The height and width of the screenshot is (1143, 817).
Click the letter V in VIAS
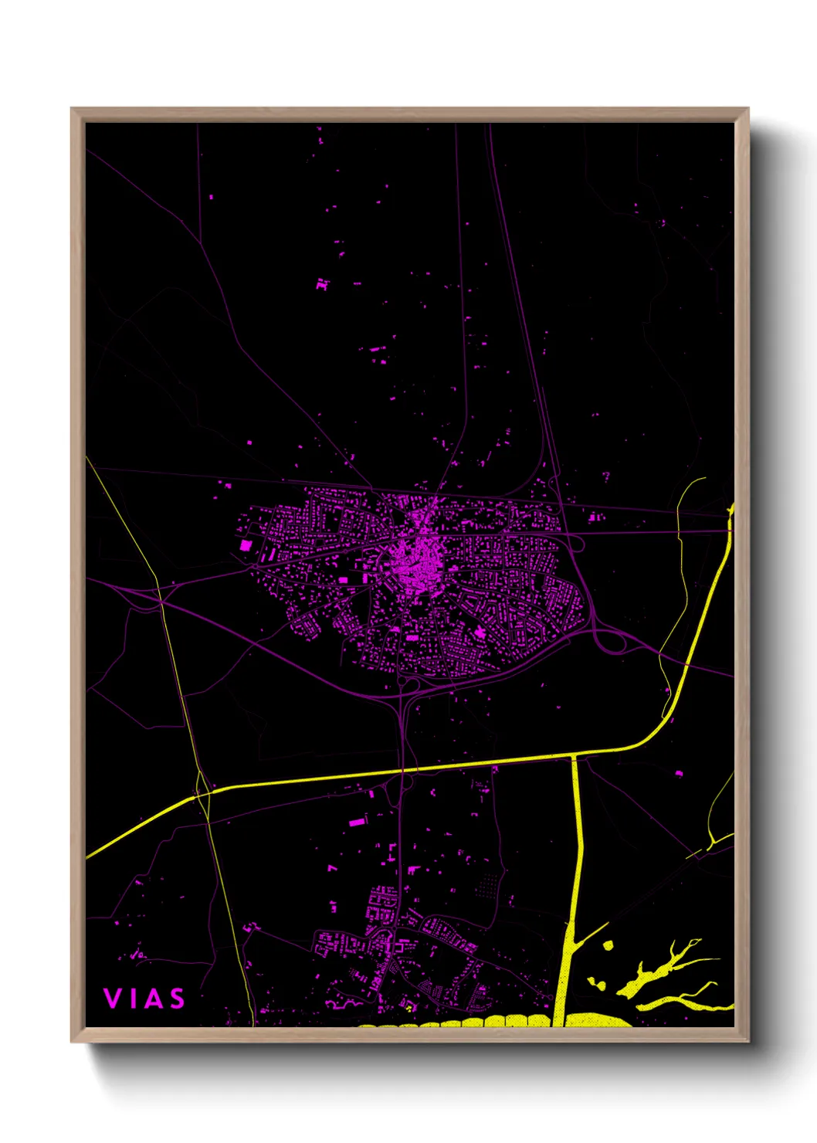112,999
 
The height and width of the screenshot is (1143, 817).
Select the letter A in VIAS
152,999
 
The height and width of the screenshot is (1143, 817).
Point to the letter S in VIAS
177,999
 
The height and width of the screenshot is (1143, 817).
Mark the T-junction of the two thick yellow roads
574,757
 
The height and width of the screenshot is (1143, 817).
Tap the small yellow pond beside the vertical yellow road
607,945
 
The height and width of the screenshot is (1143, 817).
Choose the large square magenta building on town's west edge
246,545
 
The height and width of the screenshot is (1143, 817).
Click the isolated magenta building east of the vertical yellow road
680,772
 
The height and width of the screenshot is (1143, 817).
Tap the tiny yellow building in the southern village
407,1007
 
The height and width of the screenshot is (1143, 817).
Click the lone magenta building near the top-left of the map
211,198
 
